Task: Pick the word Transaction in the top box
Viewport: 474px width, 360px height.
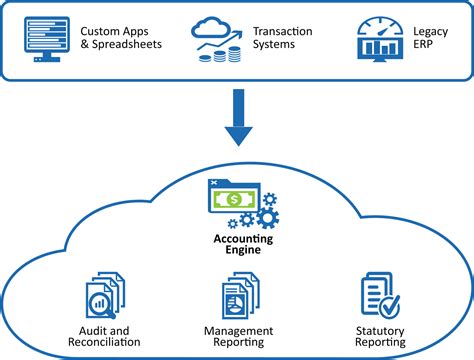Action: point(284,31)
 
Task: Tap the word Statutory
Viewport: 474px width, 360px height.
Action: point(381,330)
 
